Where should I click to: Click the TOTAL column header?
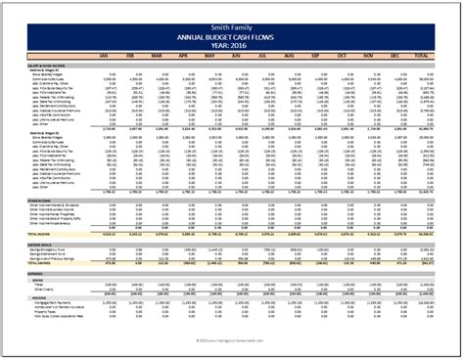(422, 58)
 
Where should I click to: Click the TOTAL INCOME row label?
(39, 235)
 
